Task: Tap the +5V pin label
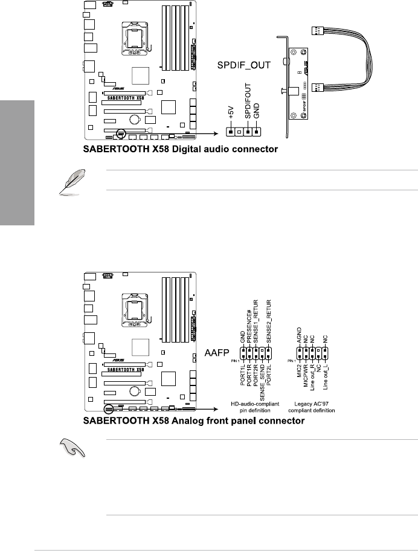[x=230, y=112]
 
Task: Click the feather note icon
[x=69, y=182]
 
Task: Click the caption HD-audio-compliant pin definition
[x=258, y=407]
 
